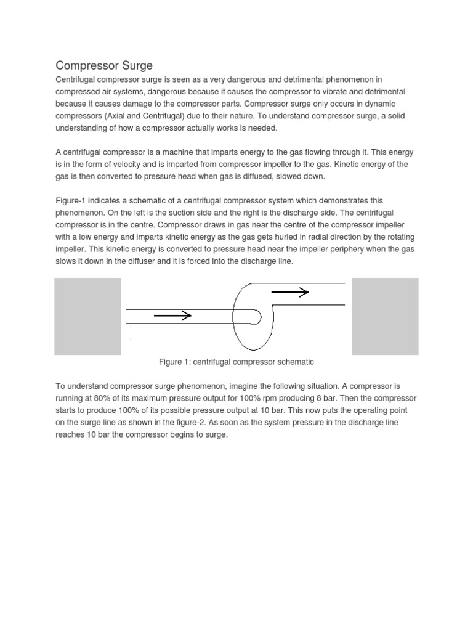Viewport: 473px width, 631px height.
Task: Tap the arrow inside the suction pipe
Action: (172, 316)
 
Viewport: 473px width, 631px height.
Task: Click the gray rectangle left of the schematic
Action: (87, 316)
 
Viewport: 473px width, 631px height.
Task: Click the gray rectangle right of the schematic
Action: (384, 316)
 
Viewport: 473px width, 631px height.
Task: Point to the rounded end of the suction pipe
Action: (256, 317)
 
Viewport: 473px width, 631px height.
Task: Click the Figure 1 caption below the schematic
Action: (236, 362)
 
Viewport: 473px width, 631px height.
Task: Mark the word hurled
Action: (285, 237)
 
